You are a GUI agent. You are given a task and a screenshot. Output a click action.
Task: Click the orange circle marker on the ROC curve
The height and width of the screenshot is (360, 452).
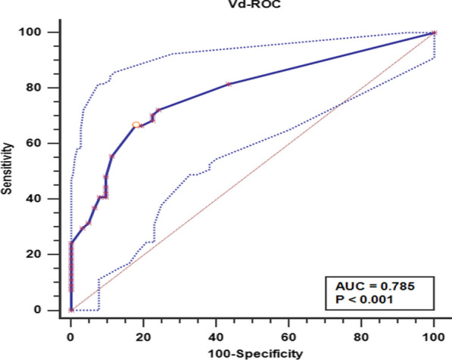pyautogui.click(x=136, y=125)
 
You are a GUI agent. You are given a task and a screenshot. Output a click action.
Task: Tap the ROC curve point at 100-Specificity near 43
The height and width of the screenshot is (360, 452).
pyautogui.click(x=228, y=84)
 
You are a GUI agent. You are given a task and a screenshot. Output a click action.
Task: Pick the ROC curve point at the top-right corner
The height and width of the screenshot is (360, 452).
pyautogui.click(x=434, y=33)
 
